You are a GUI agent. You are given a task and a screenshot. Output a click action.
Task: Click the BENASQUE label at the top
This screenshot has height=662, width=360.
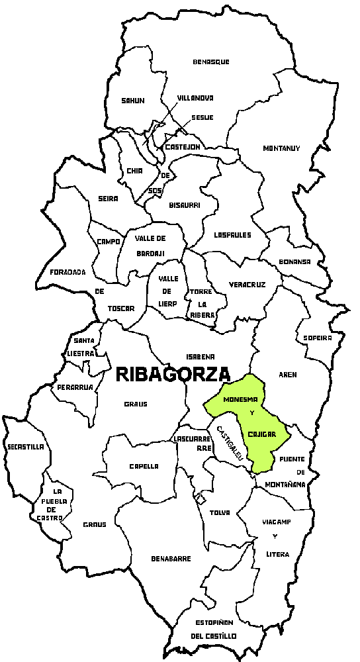211,62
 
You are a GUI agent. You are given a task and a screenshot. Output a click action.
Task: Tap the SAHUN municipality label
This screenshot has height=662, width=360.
132,101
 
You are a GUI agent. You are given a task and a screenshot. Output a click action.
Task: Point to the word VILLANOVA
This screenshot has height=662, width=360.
195,98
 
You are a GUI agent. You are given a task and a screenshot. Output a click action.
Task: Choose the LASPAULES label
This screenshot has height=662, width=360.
232,235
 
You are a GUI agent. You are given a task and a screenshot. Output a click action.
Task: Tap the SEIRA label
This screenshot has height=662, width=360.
107,199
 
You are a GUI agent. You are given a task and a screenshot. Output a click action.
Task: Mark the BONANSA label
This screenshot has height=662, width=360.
294,261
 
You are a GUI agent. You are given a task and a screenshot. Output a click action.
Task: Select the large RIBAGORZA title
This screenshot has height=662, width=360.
173,374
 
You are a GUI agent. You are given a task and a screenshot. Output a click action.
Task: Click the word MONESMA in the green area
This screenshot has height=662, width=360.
241,401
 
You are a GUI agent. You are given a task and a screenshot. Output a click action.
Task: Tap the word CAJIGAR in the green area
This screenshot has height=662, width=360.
261,434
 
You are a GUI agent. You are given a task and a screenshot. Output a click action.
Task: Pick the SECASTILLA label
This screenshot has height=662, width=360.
25,447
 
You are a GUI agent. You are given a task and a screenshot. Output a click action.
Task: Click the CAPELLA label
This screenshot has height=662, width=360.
144,466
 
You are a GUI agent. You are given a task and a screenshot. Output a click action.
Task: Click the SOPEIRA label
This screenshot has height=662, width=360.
317,338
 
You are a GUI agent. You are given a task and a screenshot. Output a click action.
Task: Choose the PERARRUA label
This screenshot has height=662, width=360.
74,387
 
